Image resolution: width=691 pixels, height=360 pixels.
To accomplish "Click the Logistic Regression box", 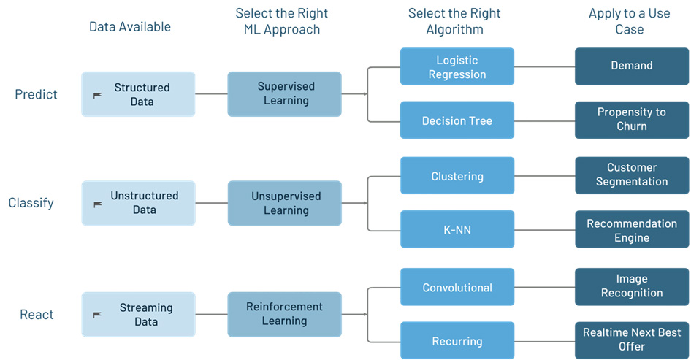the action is [x=457, y=66].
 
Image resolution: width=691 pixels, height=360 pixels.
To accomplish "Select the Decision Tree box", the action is [x=457, y=120].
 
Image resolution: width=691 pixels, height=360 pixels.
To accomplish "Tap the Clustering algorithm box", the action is [x=457, y=176].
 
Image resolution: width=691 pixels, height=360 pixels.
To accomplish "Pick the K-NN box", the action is [x=457, y=229].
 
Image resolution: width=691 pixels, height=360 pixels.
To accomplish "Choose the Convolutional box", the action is [x=457, y=287].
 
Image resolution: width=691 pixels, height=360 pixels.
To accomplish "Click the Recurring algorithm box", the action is [x=457, y=340].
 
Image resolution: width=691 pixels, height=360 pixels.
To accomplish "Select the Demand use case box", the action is [x=632, y=66].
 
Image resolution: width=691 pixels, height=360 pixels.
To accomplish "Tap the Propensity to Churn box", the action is [x=632, y=120].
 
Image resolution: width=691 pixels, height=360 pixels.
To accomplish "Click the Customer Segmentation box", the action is [x=632, y=176].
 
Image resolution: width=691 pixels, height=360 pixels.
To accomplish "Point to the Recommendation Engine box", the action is [x=632, y=229].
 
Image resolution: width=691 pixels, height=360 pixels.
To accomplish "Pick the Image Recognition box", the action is [x=632, y=287].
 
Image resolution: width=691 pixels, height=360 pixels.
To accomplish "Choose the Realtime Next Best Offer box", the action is [x=632, y=340].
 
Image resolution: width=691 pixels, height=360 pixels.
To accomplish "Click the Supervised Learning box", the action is [x=284, y=94].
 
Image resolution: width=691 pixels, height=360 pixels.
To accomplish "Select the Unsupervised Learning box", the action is [x=284, y=203].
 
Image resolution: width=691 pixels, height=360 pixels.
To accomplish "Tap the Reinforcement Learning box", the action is [x=284, y=314].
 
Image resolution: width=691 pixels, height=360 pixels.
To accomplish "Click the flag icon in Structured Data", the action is [x=97, y=95].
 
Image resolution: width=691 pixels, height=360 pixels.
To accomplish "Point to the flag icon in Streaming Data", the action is [x=97, y=315].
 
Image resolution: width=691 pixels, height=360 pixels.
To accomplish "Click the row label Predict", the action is [x=36, y=94].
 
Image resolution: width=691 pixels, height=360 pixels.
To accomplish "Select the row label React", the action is [x=37, y=315].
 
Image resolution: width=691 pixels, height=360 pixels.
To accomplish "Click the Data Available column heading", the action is [x=130, y=27].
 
